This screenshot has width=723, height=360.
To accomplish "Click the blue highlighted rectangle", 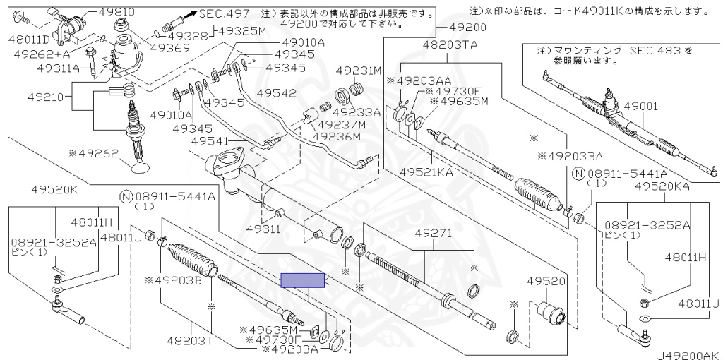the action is tap(302, 281).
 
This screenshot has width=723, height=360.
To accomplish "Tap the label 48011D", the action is tap(28, 39).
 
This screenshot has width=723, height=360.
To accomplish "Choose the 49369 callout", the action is tap(168, 48).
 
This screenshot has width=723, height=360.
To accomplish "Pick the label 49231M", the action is tap(358, 71).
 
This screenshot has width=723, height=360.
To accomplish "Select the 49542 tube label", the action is tap(277, 92).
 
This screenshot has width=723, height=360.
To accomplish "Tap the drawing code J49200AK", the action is tap(684, 354).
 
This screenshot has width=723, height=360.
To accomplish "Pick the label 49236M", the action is tap(340, 137).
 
